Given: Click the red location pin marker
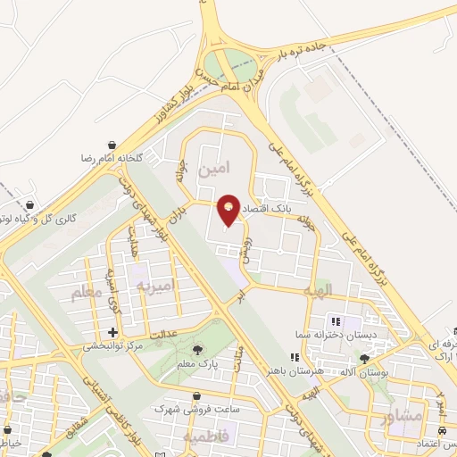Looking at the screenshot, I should pyautogui.click(x=229, y=209).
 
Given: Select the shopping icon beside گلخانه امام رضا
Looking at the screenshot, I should pyautogui.click(x=111, y=145).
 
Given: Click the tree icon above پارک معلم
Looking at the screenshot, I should pyautogui.click(x=197, y=350).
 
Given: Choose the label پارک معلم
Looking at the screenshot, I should pyautogui.click(x=197, y=364).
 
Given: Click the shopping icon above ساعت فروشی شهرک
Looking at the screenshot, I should pyautogui.click(x=197, y=395).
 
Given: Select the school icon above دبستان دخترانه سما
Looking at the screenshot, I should pyautogui.click(x=337, y=321).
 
